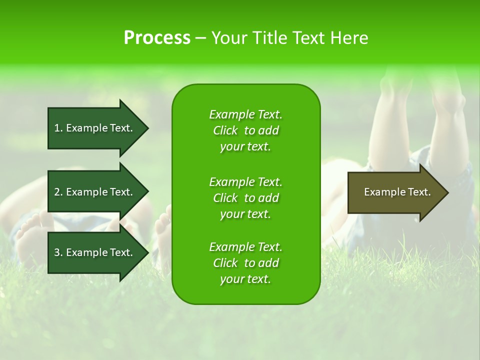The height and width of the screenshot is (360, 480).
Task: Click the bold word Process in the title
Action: (x=157, y=38)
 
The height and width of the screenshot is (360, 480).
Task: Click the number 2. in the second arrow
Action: (x=58, y=192)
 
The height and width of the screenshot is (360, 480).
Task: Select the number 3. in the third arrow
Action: (x=58, y=252)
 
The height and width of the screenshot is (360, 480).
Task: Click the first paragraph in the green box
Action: (x=245, y=130)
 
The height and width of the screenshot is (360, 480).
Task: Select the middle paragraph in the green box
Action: (x=245, y=198)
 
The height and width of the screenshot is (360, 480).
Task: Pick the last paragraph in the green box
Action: (x=245, y=263)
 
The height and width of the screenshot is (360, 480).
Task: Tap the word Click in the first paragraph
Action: (x=225, y=130)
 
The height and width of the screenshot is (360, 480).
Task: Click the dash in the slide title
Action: (x=200, y=38)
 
